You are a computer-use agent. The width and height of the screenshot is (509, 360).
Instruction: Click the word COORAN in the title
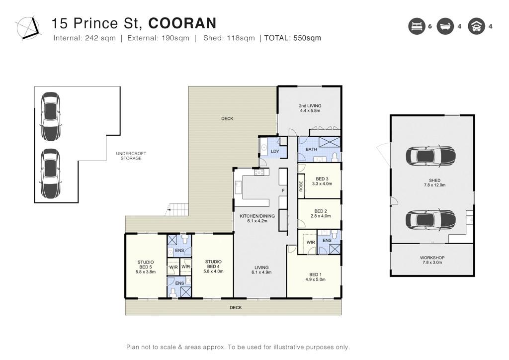click(182, 23)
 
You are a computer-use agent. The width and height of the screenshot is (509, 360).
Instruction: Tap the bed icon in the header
click(417, 26)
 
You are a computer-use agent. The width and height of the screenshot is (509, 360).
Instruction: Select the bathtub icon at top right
click(445, 26)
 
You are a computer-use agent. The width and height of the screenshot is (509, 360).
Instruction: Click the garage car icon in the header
click(476, 26)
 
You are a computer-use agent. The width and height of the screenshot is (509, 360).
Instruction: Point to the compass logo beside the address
click(28, 28)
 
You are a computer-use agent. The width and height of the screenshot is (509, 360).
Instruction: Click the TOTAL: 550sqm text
click(292, 38)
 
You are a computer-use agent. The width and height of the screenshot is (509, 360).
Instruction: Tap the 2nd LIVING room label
click(310, 108)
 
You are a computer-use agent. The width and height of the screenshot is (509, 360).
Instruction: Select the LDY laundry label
click(275, 151)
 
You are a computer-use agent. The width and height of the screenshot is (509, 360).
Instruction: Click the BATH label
click(311, 149)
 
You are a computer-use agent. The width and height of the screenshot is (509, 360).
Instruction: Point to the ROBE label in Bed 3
click(301, 186)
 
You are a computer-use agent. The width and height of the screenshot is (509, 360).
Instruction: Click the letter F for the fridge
click(283, 190)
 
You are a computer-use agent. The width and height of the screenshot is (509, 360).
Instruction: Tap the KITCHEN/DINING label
click(257, 218)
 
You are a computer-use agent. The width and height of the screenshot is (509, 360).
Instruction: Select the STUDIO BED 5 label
click(146, 267)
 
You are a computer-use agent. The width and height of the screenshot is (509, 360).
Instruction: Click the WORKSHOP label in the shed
click(432, 260)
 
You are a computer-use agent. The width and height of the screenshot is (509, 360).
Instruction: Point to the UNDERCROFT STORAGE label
click(131, 156)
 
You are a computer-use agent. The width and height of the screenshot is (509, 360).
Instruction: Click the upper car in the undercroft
click(50, 116)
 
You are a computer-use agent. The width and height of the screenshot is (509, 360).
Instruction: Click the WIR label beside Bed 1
click(311, 242)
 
